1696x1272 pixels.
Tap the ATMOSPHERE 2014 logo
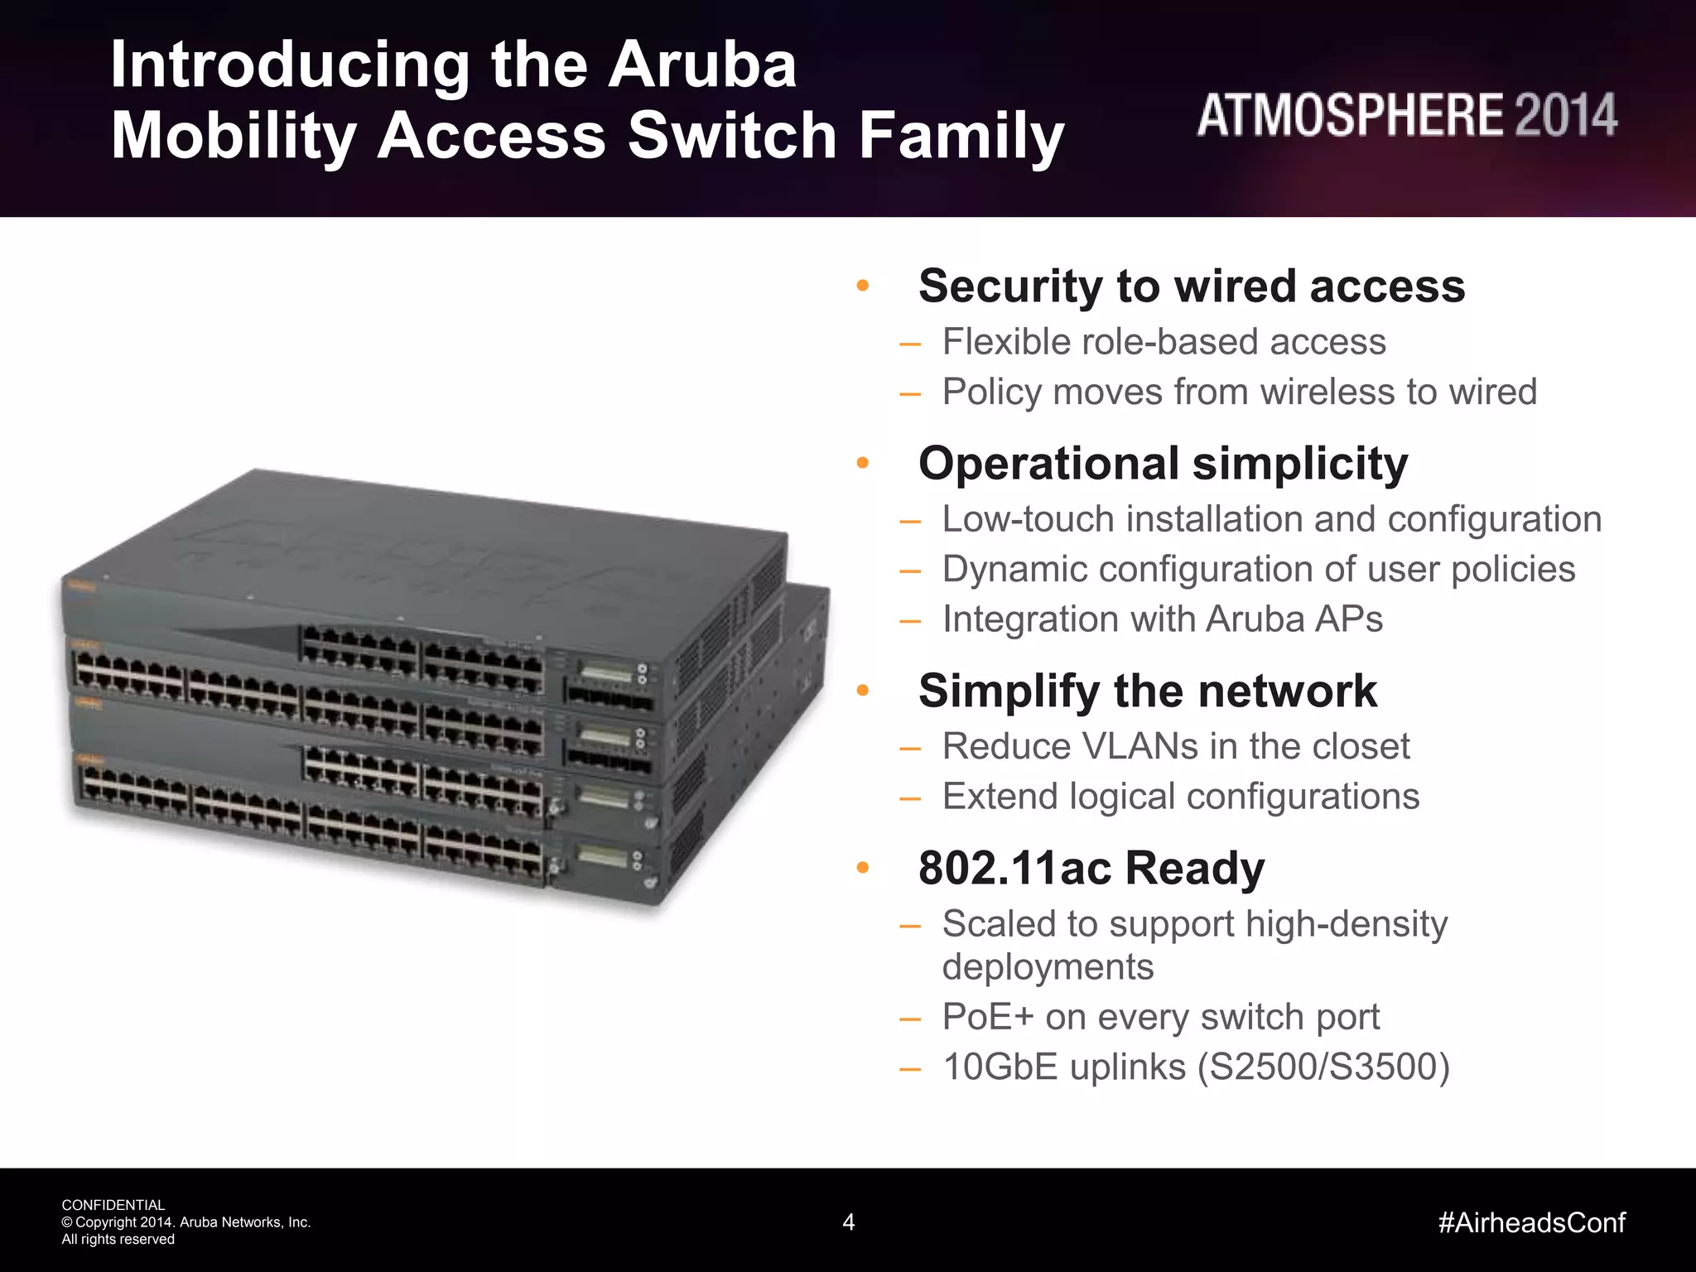pos(1406,115)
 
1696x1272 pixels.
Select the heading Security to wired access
pos(1191,287)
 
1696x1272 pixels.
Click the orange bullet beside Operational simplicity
pos(862,463)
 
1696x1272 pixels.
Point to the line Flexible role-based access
pos(1164,342)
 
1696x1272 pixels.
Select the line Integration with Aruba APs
pos(1162,619)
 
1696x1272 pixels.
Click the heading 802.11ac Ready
pos(1091,869)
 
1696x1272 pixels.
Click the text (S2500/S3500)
pos(1323,1067)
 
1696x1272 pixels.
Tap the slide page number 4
pos(848,1222)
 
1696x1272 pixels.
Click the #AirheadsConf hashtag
pos(1531,1222)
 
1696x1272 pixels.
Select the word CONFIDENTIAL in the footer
pos(113,1205)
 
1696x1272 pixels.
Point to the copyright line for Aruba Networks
pos(186,1222)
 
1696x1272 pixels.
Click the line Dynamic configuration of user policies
pos(1258,570)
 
